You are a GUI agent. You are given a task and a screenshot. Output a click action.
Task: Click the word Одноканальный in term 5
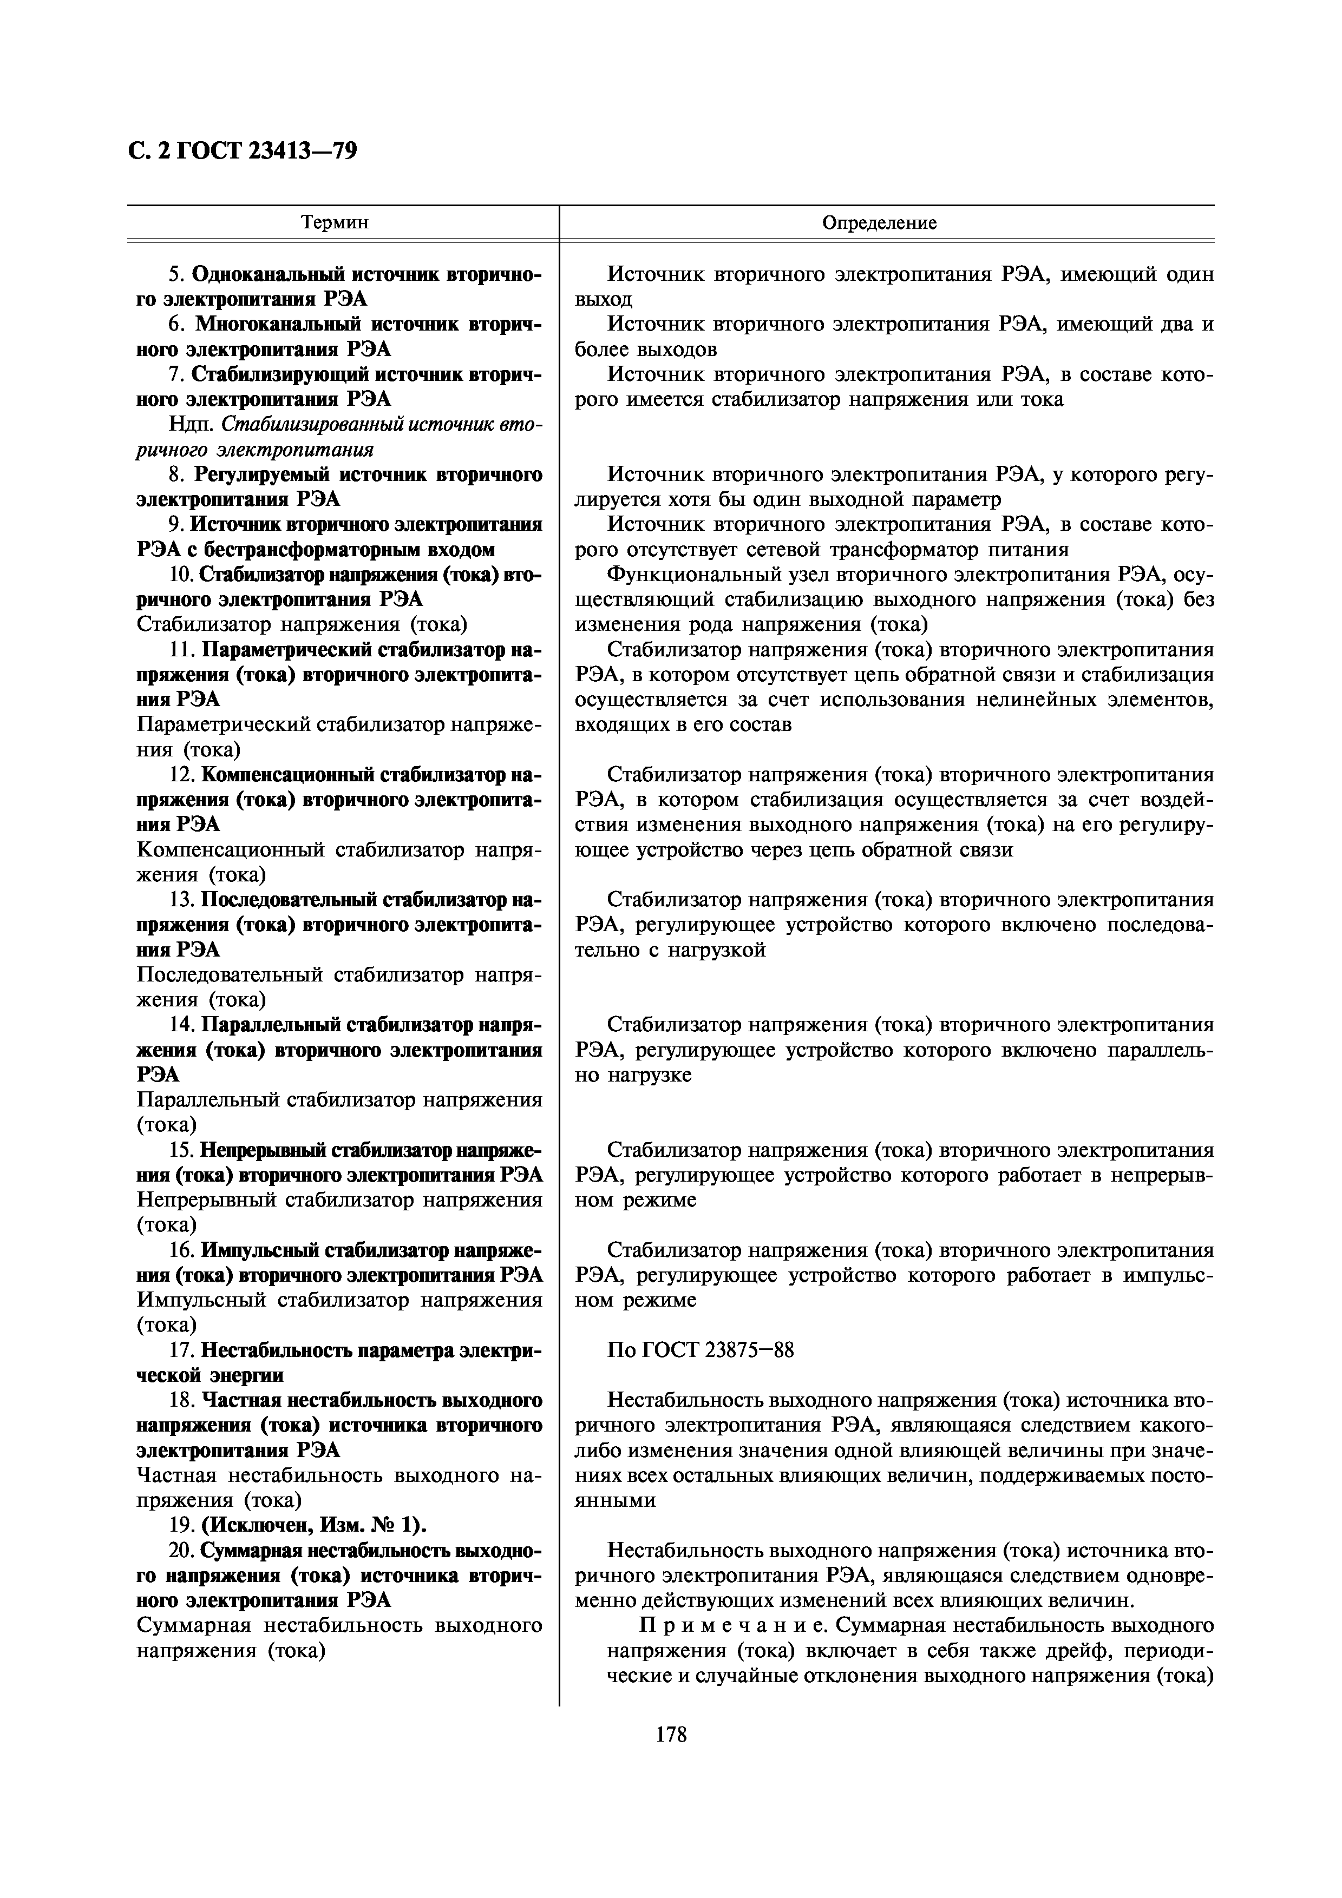point(270,274)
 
